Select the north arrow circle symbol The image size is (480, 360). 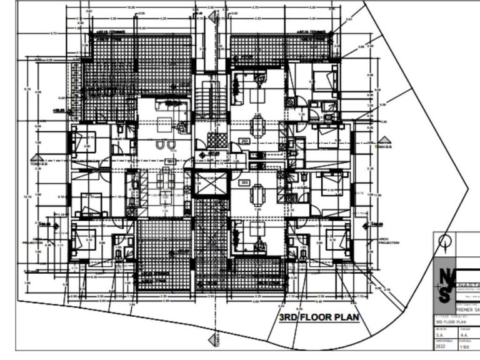click(444, 240)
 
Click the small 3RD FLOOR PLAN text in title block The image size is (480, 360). click(451, 322)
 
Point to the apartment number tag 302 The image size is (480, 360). click(244, 142)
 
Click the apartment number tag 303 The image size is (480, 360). click(244, 182)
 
